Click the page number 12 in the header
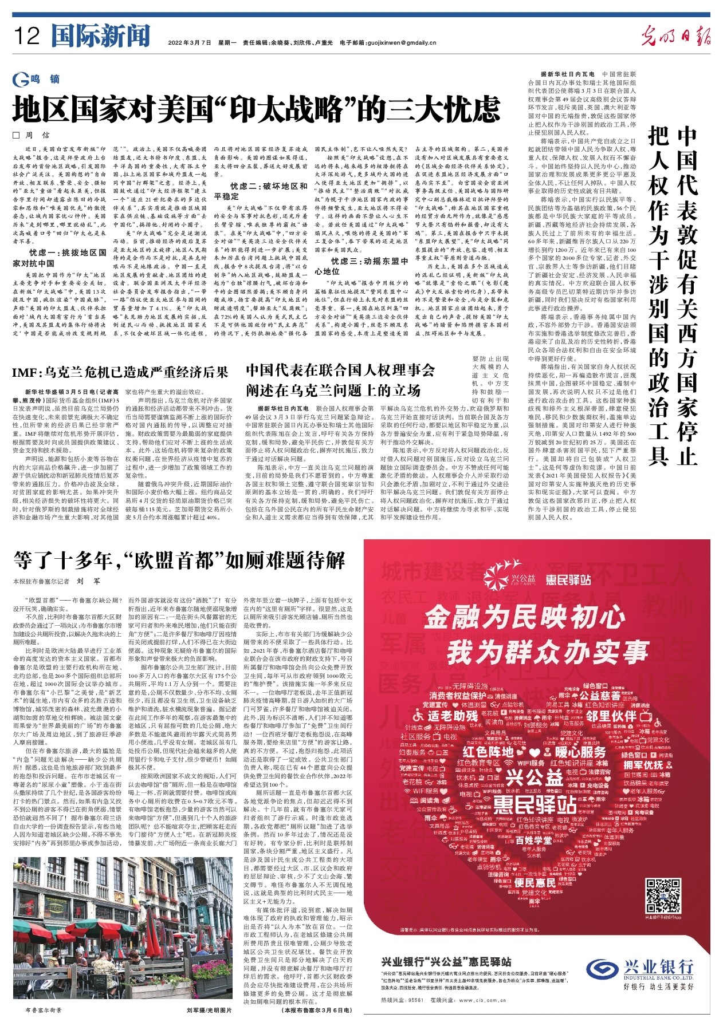pyautogui.click(x=27, y=37)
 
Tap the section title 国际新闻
pyautogui.click(x=100, y=36)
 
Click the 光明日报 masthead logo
pyautogui.click(x=676, y=36)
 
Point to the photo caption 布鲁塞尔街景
pyautogui.click(x=43, y=1010)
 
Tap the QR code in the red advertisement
pyautogui.click(x=663, y=897)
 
